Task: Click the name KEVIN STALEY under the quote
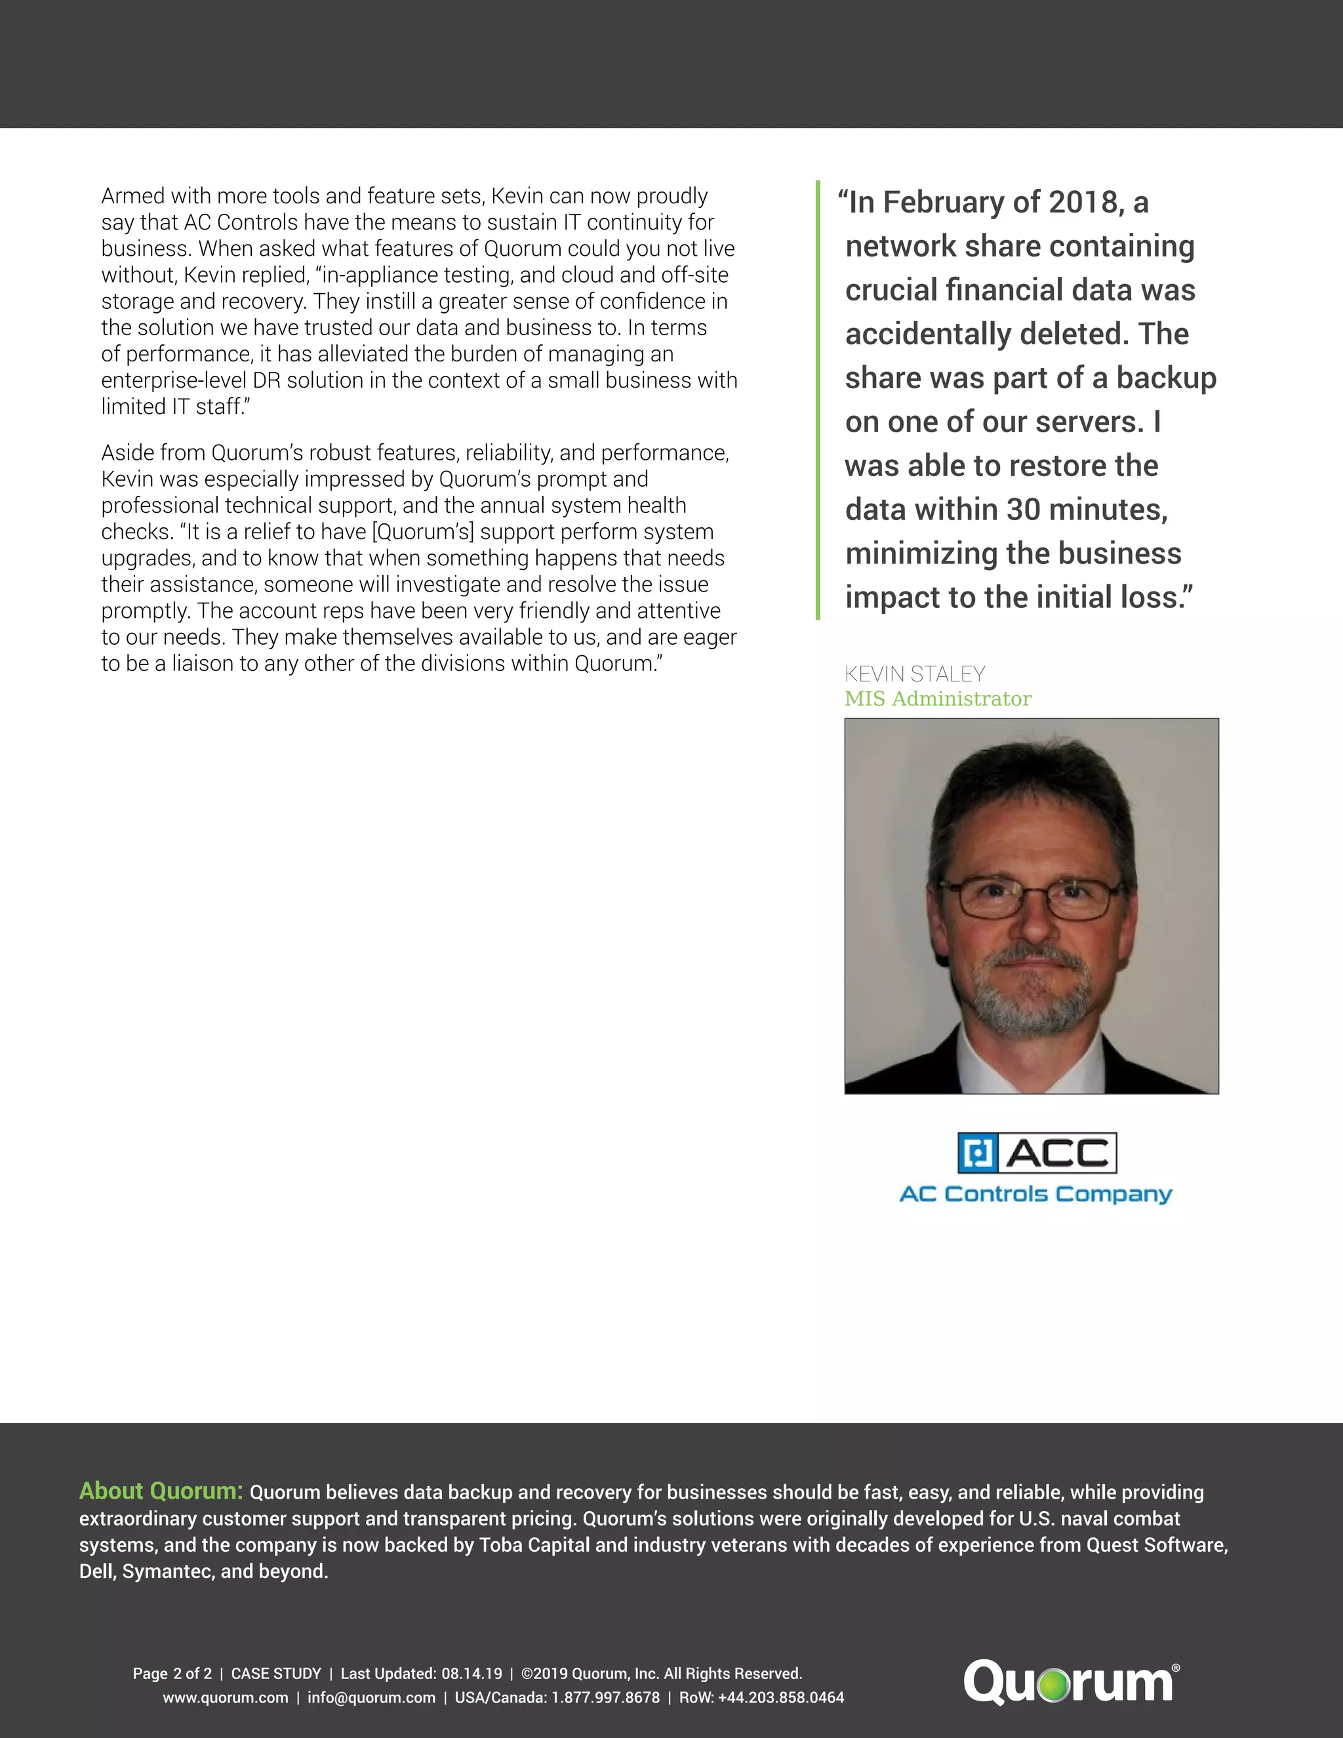[914, 674]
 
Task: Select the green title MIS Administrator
[937, 698]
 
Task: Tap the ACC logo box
[1037, 1152]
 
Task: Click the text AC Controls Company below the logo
[1035, 1194]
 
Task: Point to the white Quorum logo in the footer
[1070, 1682]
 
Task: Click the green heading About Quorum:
[161, 1491]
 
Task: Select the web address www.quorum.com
[225, 1697]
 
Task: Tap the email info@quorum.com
[372, 1697]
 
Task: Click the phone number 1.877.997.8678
[605, 1697]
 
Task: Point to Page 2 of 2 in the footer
[172, 1674]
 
